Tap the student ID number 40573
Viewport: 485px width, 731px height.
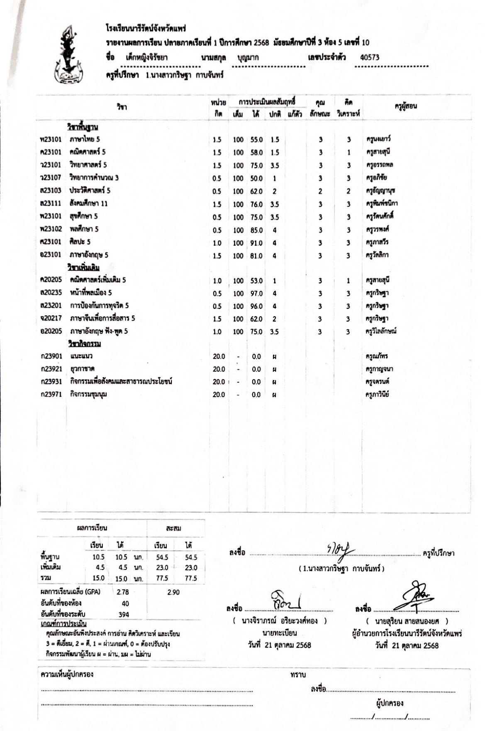click(x=370, y=58)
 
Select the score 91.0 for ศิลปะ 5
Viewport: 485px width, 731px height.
click(x=256, y=243)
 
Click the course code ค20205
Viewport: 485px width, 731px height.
click(x=51, y=280)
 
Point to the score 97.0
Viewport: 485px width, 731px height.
click(x=256, y=294)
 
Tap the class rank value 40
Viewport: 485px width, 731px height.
click(x=125, y=603)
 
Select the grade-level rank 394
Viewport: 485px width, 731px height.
click(x=124, y=615)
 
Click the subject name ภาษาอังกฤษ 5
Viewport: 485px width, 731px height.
click(x=89, y=255)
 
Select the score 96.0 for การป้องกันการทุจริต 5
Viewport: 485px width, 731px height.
click(x=256, y=307)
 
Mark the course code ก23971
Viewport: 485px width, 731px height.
click(x=51, y=395)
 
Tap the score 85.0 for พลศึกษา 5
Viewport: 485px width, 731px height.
click(x=256, y=230)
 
